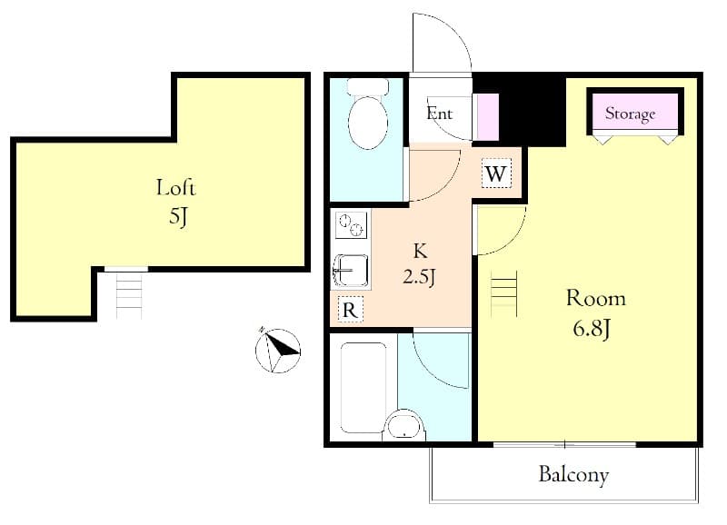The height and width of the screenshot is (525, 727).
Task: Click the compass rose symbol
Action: [276, 349]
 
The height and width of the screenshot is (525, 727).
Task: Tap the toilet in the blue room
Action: [368, 116]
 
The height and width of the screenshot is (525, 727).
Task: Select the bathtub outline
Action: [363, 388]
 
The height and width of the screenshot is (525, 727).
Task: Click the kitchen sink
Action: [350, 271]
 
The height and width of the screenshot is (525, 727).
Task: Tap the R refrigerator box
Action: [350, 310]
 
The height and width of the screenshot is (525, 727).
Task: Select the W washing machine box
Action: [495, 173]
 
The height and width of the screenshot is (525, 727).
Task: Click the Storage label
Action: [631, 114]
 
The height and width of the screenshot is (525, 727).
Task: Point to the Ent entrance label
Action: [440, 114]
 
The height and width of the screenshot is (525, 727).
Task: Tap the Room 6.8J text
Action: [596, 312]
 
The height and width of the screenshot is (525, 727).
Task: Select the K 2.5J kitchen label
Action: [420, 263]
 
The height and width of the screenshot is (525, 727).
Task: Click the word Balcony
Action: [573, 474]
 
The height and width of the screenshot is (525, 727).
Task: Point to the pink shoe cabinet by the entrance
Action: [488, 115]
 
